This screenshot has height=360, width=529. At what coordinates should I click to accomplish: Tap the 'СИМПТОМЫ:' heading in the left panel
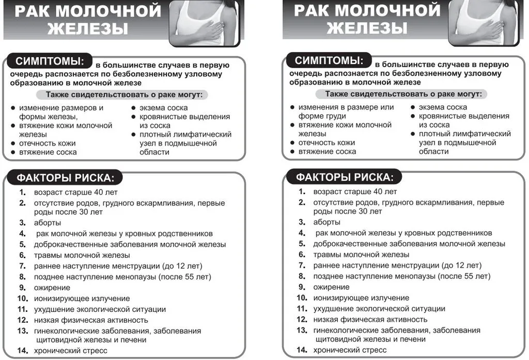coord(50,61)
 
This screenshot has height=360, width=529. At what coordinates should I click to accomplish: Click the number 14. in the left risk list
coord(22,351)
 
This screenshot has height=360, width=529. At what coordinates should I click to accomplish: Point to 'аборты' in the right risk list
coord(326,222)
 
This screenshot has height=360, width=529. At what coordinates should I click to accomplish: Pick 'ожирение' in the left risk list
coord(52,287)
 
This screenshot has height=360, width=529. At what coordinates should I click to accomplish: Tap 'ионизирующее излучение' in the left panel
coord(82,298)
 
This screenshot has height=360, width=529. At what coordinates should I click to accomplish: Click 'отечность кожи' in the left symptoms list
coord(48,143)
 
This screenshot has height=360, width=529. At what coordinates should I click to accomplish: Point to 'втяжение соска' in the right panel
coord(327,151)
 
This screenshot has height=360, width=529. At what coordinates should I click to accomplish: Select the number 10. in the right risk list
coord(302,298)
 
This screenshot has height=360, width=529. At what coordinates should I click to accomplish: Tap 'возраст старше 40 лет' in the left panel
coord(76,192)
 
